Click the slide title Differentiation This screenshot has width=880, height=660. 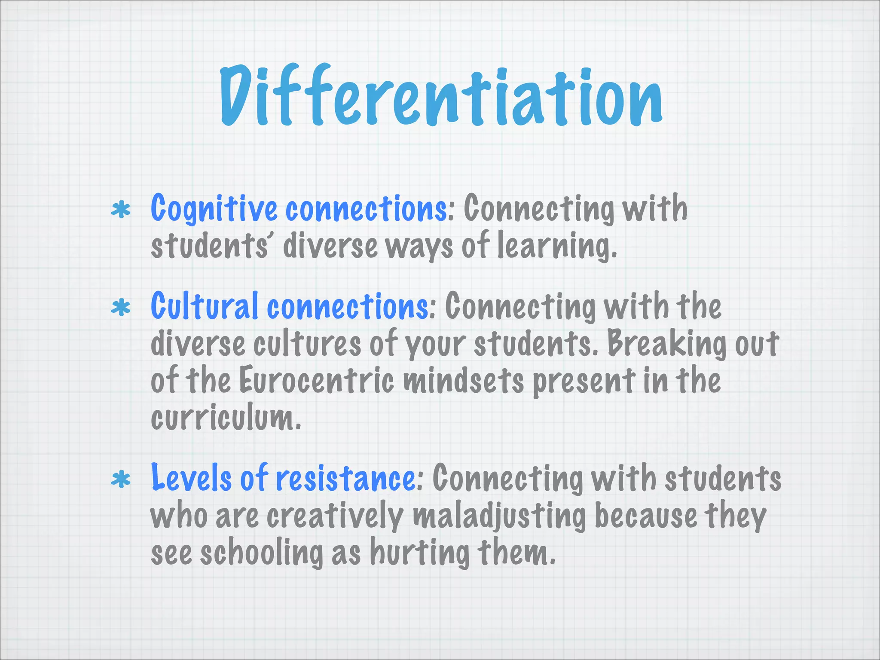[x=441, y=97]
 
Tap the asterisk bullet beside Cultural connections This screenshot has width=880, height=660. [x=121, y=308]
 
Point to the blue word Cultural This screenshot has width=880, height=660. [x=205, y=306]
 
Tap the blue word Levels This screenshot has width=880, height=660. [x=191, y=478]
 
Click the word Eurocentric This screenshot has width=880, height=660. [x=316, y=381]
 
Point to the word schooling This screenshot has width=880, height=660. [x=262, y=553]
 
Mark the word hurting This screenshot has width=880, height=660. [x=420, y=553]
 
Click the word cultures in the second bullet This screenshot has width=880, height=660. [x=307, y=344]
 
